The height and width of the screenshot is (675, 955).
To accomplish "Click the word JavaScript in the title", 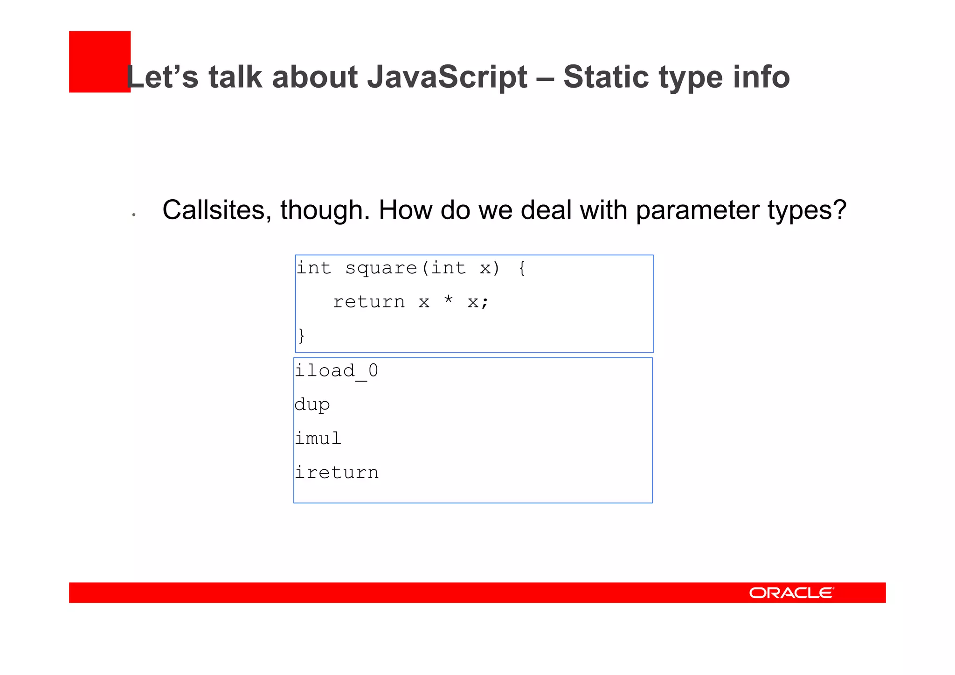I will [x=447, y=77].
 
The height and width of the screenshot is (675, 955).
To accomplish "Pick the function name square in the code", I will [x=381, y=268].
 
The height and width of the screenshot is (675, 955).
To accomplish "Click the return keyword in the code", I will [x=369, y=302].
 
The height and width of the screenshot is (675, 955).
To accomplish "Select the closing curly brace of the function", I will [x=302, y=335].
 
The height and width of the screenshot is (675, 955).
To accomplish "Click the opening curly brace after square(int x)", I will [x=522, y=268].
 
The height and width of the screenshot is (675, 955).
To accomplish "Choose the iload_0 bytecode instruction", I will [x=336, y=371].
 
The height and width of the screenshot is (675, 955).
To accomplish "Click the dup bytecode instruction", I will [x=312, y=405].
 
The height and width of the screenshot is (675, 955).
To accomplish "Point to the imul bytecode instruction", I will [x=318, y=438].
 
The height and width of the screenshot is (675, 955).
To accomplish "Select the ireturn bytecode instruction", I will [x=336, y=473].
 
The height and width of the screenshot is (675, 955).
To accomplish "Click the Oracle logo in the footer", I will [x=791, y=593].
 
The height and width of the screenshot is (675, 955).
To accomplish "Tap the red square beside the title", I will [x=99, y=62].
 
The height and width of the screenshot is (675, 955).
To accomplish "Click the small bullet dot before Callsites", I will [x=134, y=215].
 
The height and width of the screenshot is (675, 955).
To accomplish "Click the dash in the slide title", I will [x=545, y=78].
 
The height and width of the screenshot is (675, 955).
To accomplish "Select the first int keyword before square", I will [x=314, y=268].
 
